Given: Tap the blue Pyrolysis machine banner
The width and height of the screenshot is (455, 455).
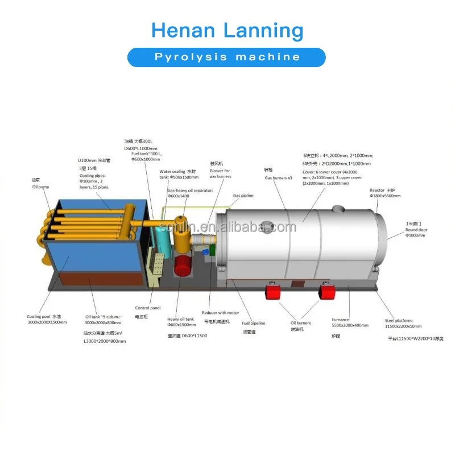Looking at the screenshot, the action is coord(227,57).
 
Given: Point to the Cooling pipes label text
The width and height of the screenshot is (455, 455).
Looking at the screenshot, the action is coord(94,182).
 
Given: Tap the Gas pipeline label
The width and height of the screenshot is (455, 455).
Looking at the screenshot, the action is coord(243,196).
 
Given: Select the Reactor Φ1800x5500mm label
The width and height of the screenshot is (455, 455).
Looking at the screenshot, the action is coord(385,193).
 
